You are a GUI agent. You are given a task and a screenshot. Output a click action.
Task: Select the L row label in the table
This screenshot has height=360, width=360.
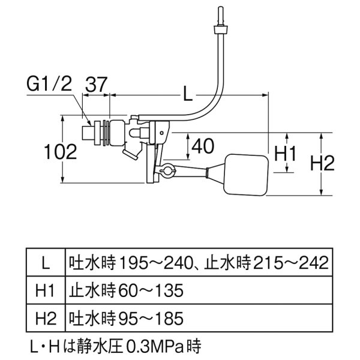coord(44,262)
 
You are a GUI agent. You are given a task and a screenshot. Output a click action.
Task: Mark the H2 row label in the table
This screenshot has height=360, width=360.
coord(44,317)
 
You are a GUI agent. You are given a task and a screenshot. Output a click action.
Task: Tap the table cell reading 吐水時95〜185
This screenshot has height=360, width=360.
coord(125,317)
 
